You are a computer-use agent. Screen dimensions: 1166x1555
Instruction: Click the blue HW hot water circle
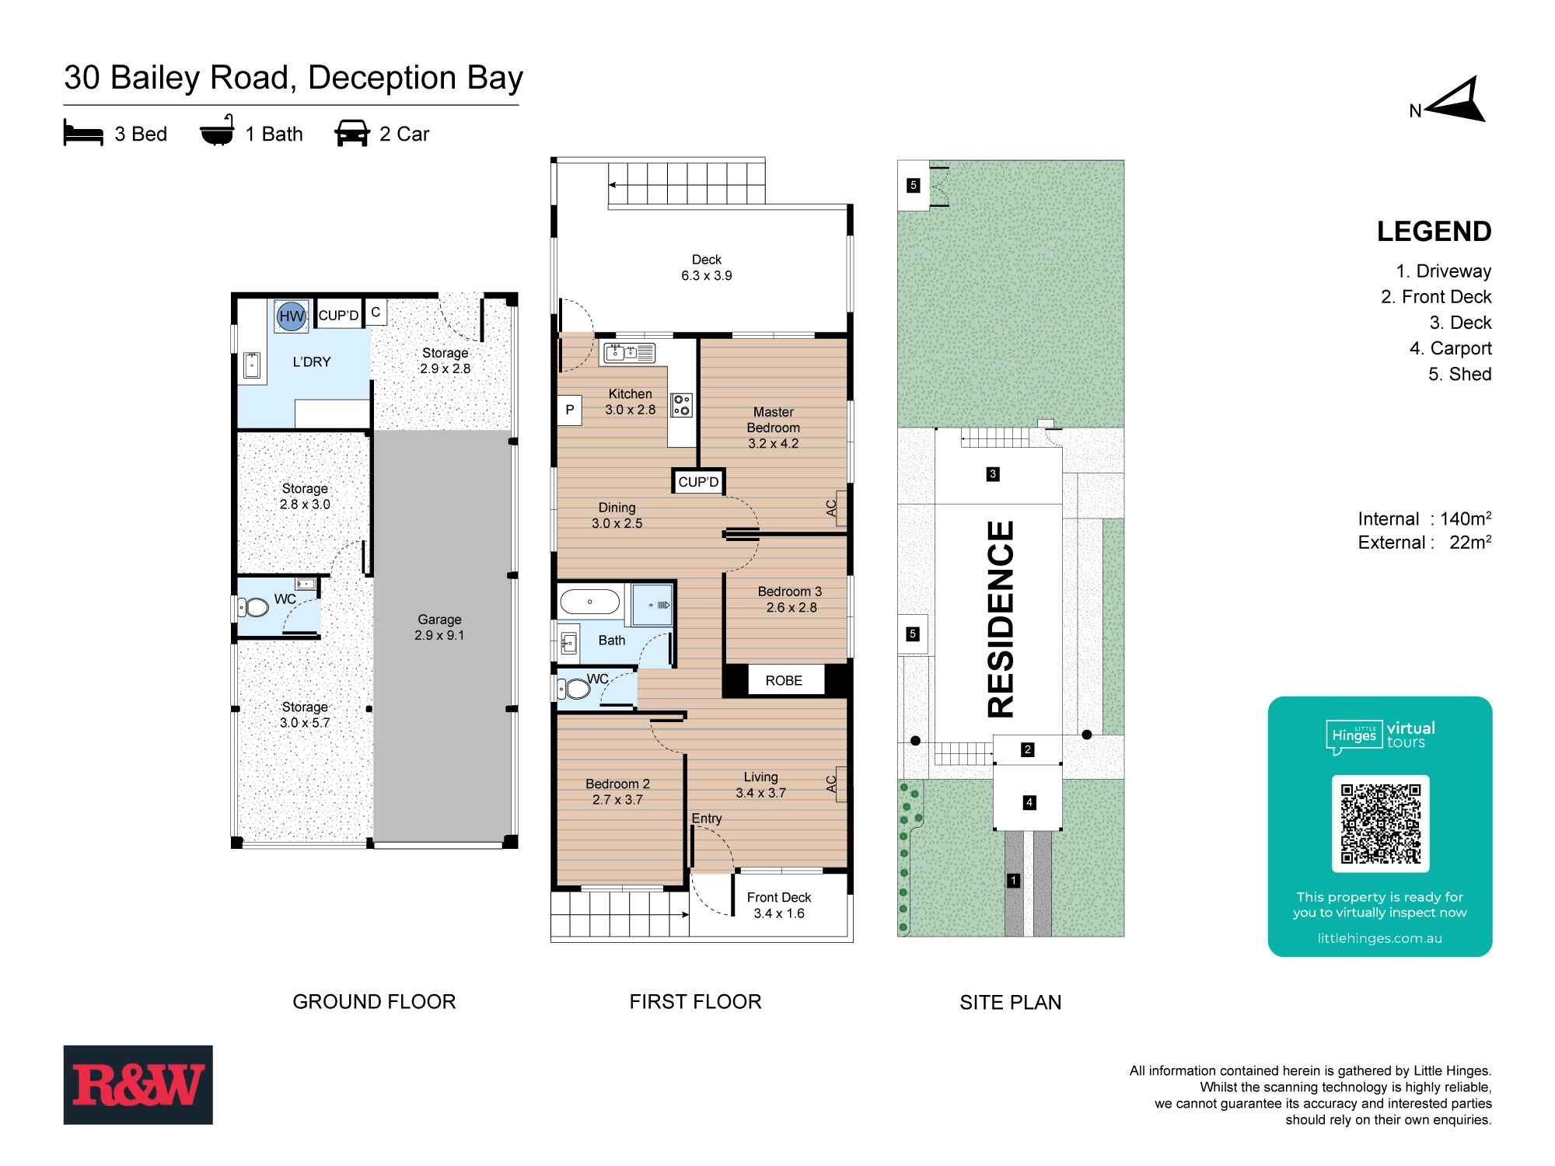click(x=292, y=316)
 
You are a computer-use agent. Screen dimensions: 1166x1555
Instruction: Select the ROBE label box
click(x=783, y=680)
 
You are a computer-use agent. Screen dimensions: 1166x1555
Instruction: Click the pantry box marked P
click(x=570, y=410)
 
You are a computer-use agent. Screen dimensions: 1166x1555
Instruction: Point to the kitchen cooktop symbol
click(x=682, y=405)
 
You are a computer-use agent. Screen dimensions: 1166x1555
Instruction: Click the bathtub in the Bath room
click(x=590, y=602)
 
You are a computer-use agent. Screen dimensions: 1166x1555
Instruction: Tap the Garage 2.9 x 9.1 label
click(x=439, y=627)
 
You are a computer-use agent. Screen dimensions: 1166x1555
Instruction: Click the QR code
click(x=1380, y=823)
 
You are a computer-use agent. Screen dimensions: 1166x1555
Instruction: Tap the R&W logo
click(x=138, y=1084)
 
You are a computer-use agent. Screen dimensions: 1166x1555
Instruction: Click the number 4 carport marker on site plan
click(x=1029, y=802)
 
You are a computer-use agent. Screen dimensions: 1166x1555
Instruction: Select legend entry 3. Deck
click(x=1460, y=323)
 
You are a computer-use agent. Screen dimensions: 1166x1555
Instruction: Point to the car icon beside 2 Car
click(x=351, y=134)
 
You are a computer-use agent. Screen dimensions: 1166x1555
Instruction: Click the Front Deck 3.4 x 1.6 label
click(x=779, y=906)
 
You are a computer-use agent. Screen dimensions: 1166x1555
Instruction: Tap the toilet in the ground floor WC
click(x=254, y=607)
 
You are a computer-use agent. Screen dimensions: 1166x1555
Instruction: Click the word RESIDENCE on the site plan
click(x=1001, y=619)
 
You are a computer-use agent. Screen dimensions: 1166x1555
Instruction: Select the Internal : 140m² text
click(x=1424, y=518)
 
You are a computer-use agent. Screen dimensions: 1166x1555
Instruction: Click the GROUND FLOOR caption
click(x=374, y=1001)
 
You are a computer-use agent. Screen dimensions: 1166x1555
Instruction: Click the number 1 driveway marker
click(x=1013, y=881)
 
